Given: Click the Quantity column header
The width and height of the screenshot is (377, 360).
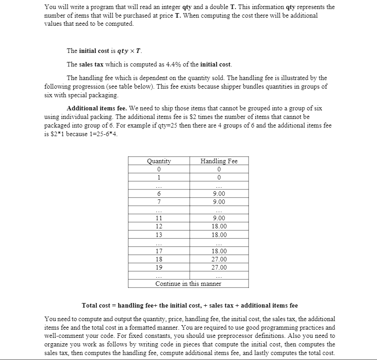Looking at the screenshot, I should click(159, 161).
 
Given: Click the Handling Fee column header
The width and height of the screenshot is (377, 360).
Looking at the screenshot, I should click(219, 161).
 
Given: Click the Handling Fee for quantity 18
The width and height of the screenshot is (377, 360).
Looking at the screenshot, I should click(219, 259).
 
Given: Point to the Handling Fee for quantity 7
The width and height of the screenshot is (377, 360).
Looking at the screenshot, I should click(219, 202).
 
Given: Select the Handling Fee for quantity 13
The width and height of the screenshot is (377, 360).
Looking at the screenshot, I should click(219, 235).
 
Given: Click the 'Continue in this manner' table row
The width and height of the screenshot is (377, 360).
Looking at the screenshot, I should click(188, 284).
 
